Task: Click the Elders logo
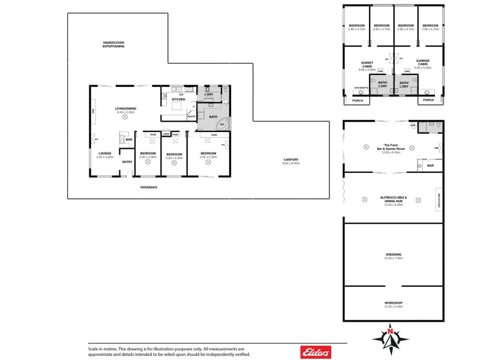[x=315, y=352]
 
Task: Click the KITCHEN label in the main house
[x=178, y=99]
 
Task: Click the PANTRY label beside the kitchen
[x=191, y=116]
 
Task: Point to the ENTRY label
[x=127, y=161]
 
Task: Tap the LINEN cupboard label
[x=166, y=134]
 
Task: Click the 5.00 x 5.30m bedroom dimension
[x=208, y=157]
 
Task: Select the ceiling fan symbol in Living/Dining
[x=125, y=118]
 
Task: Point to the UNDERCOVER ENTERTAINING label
[x=113, y=44]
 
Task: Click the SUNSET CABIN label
[x=367, y=62]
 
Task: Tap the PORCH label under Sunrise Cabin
[x=428, y=100]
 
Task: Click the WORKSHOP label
[x=393, y=303]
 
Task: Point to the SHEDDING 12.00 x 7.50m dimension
[x=393, y=257]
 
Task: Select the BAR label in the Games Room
[x=430, y=166]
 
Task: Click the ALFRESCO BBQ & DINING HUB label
[x=393, y=199]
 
